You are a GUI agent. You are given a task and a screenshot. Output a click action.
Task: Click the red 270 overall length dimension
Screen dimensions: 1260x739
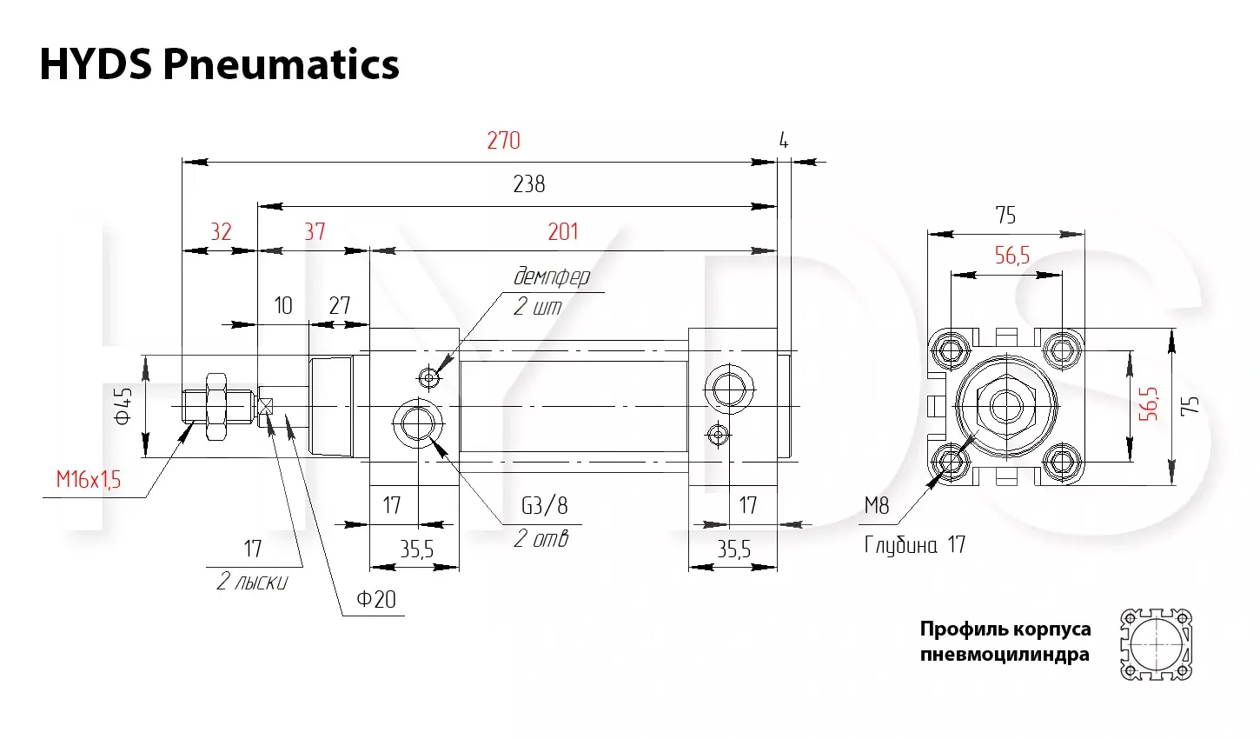point(503,140)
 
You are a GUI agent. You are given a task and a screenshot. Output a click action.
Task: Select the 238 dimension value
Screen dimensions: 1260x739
point(528,184)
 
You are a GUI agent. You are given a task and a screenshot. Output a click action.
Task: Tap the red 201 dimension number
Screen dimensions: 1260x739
point(563,231)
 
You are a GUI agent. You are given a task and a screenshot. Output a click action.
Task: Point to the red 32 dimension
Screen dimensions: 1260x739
point(221,231)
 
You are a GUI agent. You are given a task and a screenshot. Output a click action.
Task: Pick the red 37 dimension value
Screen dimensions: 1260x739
point(315,231)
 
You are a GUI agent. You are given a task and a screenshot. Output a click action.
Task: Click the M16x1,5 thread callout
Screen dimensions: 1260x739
point(89,480)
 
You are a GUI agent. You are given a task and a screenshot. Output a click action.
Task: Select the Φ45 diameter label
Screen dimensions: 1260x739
point(123,406)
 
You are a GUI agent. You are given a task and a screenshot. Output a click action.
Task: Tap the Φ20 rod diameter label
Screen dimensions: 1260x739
point(376,599)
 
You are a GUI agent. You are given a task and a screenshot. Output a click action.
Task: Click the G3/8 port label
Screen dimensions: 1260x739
point(545,505)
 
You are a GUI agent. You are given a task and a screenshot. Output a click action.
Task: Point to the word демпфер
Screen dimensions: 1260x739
point(552,276)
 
